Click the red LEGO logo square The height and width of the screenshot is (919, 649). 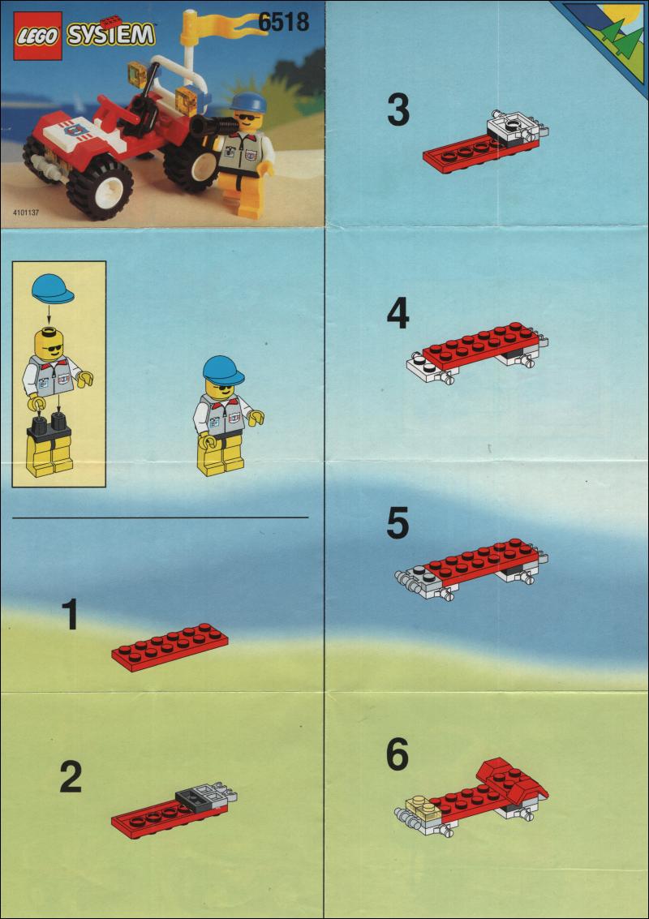[x=37, y=35]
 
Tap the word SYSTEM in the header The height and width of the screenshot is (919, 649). [x=111, y=35]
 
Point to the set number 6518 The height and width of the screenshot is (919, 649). [x=284, y=22]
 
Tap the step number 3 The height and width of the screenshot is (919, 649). [x=398, y=111]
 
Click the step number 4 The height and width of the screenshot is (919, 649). [x=398, y=315]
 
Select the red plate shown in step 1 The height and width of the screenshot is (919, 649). [x=170, y=646]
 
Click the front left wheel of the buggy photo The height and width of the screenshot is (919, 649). [x=100, y=187]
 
